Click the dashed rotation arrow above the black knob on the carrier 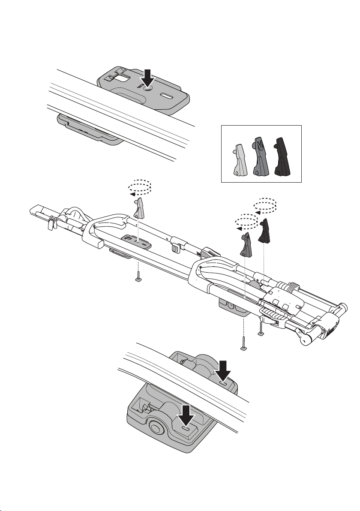point(264,205)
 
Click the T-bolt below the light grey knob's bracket point(138,277)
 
